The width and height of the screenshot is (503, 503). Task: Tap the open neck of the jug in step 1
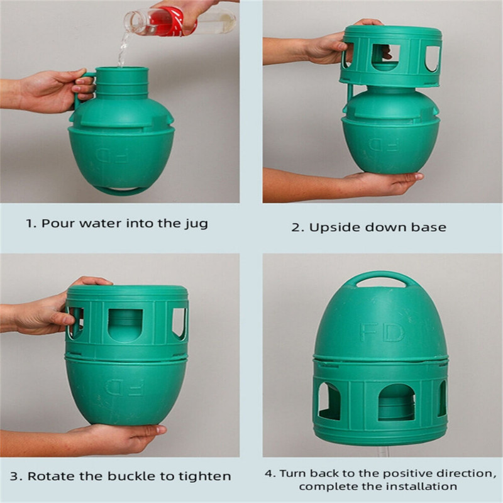click(122, 69)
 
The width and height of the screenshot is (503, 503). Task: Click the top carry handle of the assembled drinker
click(382, 275)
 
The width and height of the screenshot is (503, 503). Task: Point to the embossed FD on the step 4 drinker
click(382, 332)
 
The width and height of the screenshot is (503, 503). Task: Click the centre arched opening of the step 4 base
click(397, 402)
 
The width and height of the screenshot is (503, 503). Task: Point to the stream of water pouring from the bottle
click(123, 48)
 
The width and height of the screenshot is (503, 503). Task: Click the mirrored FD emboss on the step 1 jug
click(113, 155)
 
